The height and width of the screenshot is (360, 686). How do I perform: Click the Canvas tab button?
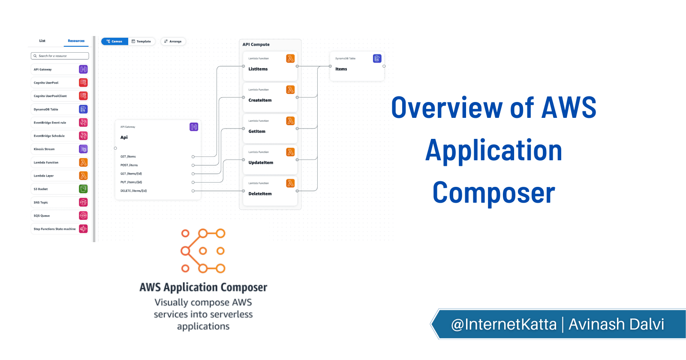(x=114, y=42)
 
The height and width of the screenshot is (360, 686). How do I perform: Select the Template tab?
(x=141, y=42)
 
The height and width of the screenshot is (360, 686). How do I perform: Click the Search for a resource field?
(x=60, y=56)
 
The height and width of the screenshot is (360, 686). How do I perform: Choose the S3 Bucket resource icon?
(x=83, y=189)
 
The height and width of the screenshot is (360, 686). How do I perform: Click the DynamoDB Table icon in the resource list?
(x=83, y=109)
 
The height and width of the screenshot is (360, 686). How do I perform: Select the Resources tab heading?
(x=76, y=41)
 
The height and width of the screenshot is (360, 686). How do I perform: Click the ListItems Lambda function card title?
(x=258, y=69)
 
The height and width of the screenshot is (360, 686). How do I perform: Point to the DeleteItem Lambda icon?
(x=290, y=183)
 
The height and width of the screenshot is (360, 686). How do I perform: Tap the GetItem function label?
(x=257, y=132)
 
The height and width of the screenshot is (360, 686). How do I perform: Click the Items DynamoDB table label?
(x=341, y=69)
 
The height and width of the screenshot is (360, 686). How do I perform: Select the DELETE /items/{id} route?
(x=133, y=191)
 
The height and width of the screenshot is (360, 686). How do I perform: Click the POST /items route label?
(x=129, y=165)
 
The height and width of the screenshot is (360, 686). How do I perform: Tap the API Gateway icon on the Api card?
(x=194, y=127)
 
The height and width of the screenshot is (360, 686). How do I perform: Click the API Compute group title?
(x=256, y=45)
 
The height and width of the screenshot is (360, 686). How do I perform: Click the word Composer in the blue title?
(x=493, y=193)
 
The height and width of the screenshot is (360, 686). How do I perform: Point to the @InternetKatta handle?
(x=504, y=324)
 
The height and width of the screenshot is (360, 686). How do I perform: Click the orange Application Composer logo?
(x=203, y=251)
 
